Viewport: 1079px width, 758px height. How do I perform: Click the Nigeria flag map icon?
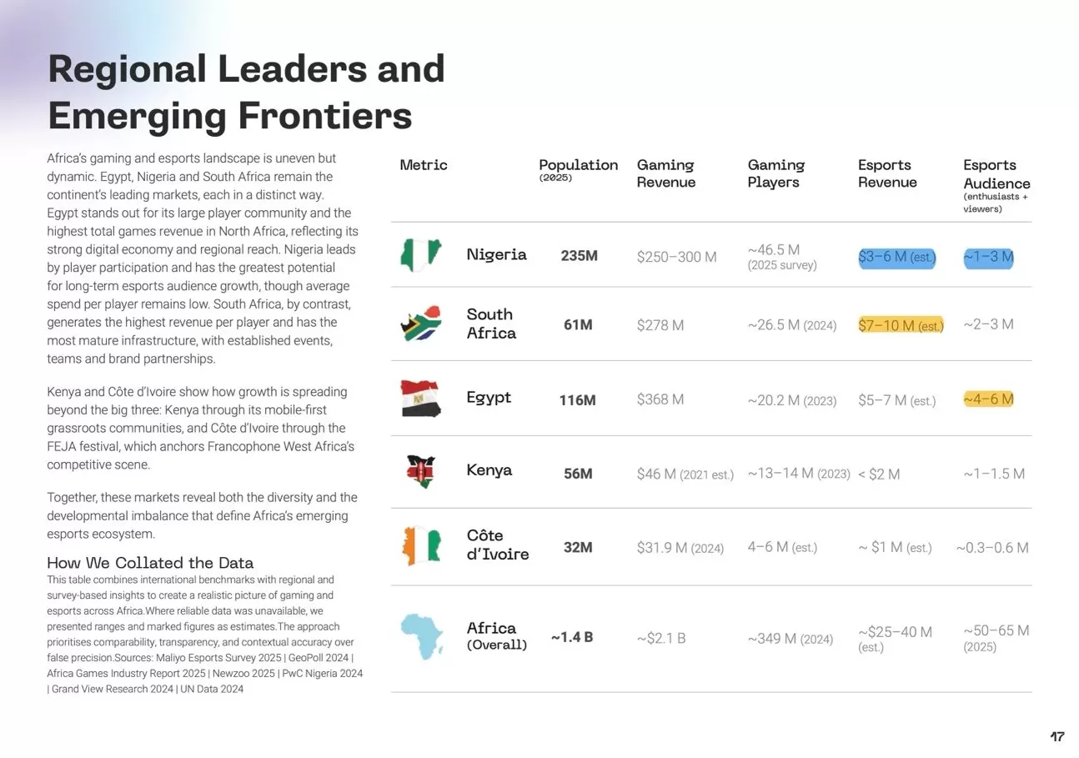click(419, 254)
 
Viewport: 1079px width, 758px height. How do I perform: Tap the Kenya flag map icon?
click(419, 472)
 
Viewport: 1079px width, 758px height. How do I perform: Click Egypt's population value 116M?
click(577, 400)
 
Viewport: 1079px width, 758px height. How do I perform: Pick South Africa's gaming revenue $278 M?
click(660, 325)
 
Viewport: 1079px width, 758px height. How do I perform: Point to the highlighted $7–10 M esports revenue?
click(901, 325)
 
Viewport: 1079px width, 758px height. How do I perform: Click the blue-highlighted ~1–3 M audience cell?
click(988, 257)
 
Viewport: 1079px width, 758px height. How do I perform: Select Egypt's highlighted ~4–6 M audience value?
click(988, 399)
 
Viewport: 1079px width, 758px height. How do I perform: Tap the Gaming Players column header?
click(775, 173)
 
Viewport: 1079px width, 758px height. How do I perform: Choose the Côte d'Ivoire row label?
click(497, 545)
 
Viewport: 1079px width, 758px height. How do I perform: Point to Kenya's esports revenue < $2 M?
click(879, 474)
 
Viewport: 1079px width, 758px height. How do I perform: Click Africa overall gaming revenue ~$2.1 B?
click(661, 639)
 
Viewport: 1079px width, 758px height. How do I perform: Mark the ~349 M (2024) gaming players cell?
click(790, 640)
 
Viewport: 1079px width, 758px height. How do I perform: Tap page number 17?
click(1056, 737)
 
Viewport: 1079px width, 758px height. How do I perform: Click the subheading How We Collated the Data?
click(150, 563)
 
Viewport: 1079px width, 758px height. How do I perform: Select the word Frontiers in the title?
click(324, 115)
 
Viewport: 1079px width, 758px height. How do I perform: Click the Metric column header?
click(424, 165)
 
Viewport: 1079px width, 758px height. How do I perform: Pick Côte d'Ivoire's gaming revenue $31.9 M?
click(680, 548)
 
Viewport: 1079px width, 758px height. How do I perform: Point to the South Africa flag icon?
click(420, 324)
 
